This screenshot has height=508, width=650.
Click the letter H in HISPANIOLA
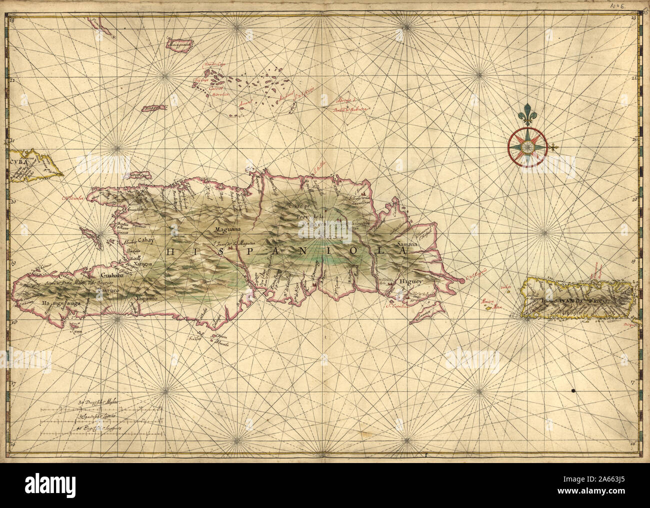pyautogui.click(x=169, y=253)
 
